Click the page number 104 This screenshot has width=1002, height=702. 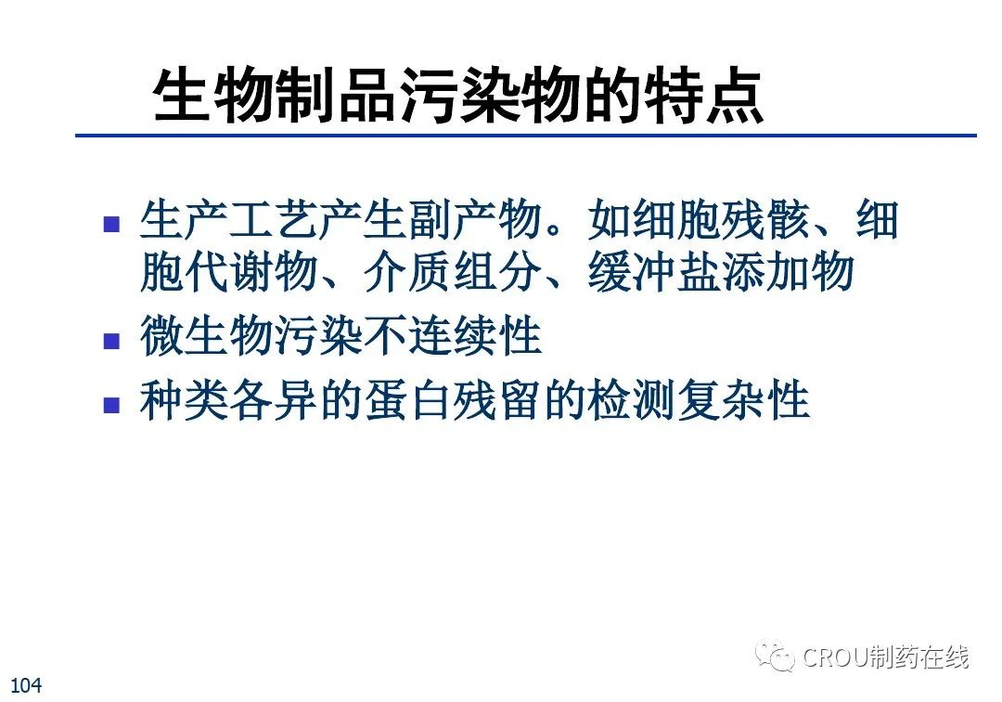[26, 685]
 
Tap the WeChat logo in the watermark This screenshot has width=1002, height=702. [774, 656]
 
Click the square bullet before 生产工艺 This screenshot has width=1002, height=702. [112, 224]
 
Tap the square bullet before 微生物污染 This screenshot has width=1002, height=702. [112, 341]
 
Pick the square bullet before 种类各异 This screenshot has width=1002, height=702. [112, 406]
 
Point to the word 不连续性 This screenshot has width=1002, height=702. [453, 336]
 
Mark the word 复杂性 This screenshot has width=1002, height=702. [743, 401]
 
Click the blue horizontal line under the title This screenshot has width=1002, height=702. [526, 136]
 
